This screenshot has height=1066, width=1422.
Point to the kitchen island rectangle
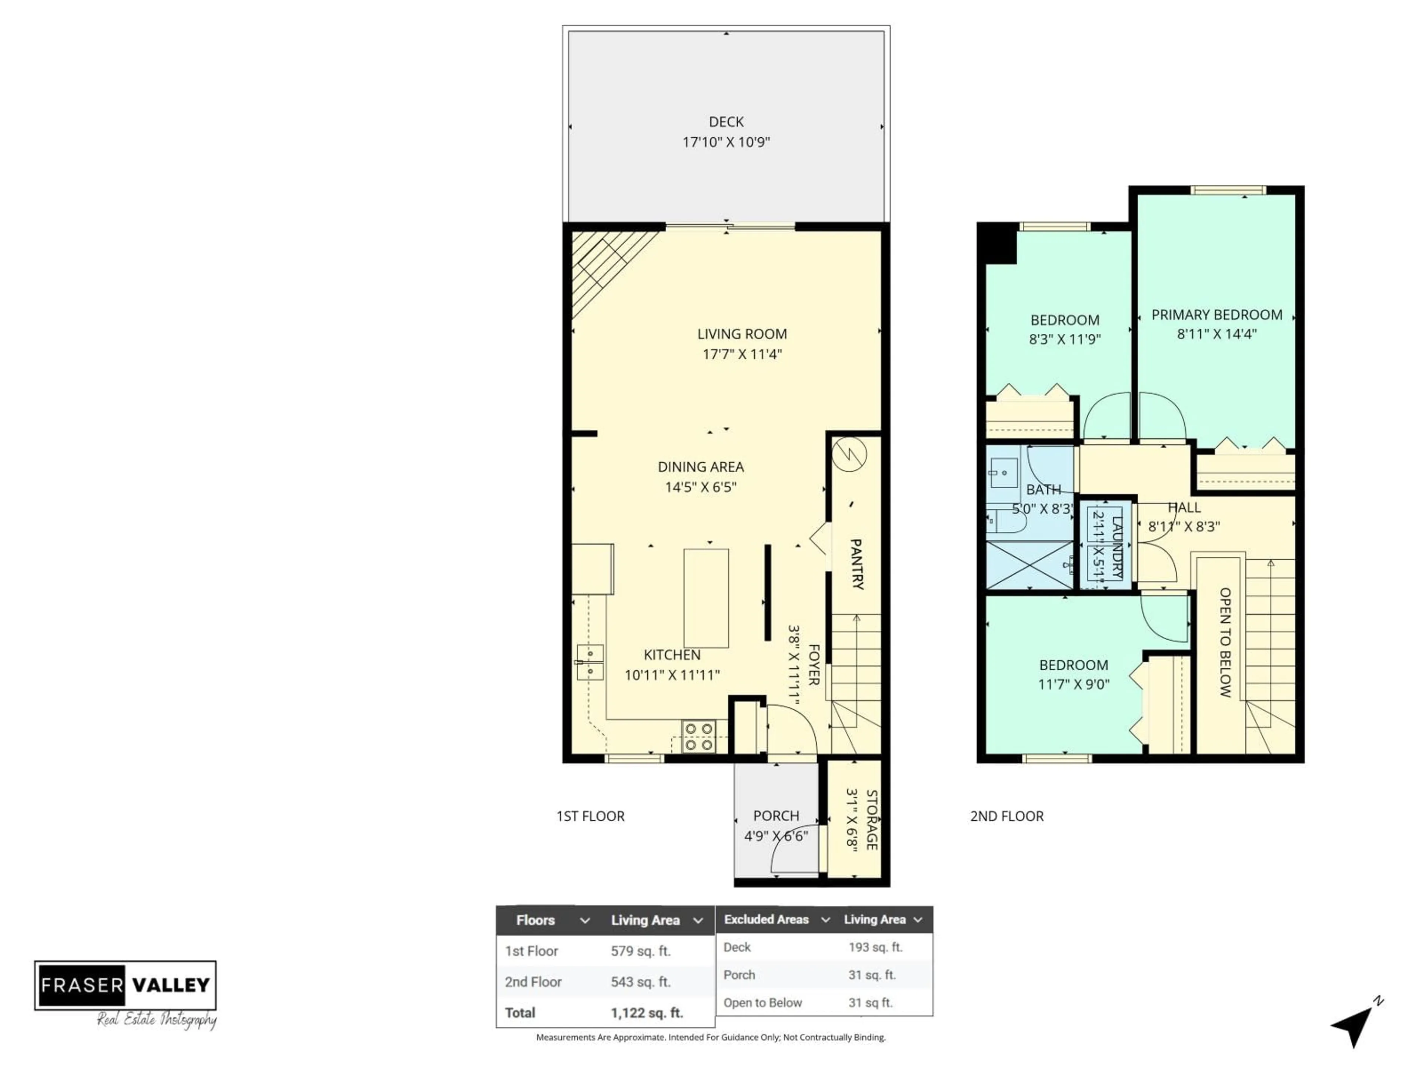[x=706, y=597]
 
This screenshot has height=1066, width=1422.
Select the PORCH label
[x=776, y=815]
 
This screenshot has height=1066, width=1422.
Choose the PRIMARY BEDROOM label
[x=1216, y=315]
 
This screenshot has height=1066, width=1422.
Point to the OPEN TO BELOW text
[x=1225, y=642]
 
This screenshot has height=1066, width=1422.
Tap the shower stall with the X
[x=1029, y=565]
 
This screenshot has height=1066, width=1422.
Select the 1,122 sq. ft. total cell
[x=646, y=1013]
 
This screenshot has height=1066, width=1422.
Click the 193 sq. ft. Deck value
[x=875, y=947]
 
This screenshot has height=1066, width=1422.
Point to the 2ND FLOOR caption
[x=1007, y=816]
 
